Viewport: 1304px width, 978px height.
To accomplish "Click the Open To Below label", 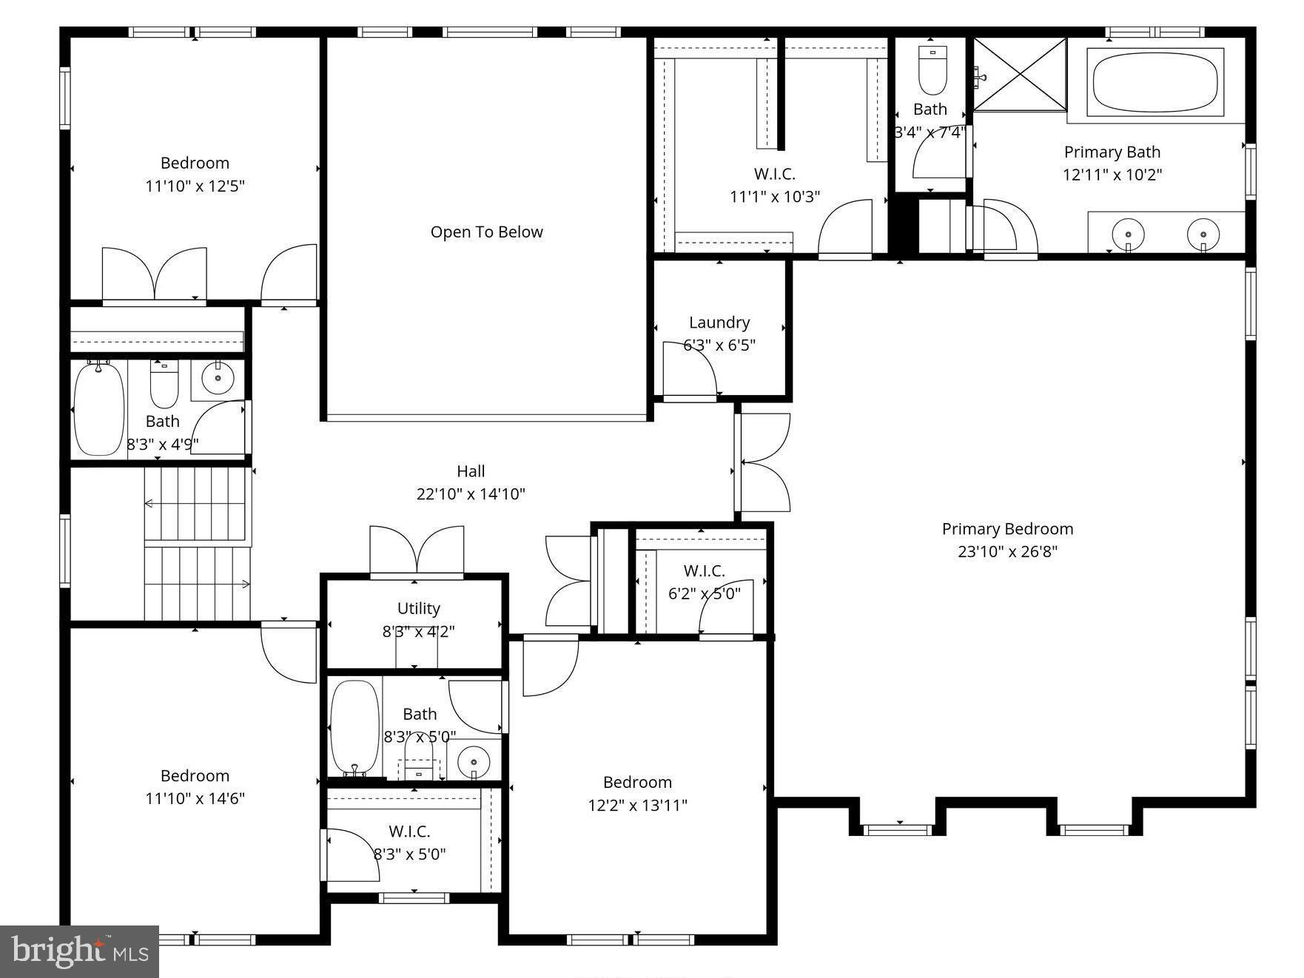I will click(x=486, y=232).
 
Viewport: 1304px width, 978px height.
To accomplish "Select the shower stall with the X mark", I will click(x=1019, y=75).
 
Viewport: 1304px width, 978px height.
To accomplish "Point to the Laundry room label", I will click(x=719, y=323).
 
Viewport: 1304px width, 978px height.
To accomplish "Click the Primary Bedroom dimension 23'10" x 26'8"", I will click(x=1007, y=552).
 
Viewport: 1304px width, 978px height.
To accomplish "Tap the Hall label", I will click(x=471, y=471).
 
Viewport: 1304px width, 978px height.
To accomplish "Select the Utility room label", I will click(x=418, y=608).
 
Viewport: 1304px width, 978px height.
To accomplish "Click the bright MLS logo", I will click(x=79, y=951).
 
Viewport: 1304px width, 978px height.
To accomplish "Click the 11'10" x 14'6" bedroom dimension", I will click(x=195, y=799).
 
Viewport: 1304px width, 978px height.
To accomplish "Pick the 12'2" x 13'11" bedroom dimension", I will click(x=637, y=806).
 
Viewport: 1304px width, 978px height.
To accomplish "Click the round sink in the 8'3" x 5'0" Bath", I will click(x=473, y=761).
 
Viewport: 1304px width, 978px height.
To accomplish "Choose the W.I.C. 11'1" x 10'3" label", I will click(x=774, y=174).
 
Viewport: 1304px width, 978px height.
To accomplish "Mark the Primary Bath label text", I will click(x=1112, y=152).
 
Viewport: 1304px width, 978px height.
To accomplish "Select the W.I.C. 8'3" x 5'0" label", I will click(x=409, y=832).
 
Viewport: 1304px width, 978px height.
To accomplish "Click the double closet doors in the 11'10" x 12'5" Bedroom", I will click(x=154, y=274).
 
